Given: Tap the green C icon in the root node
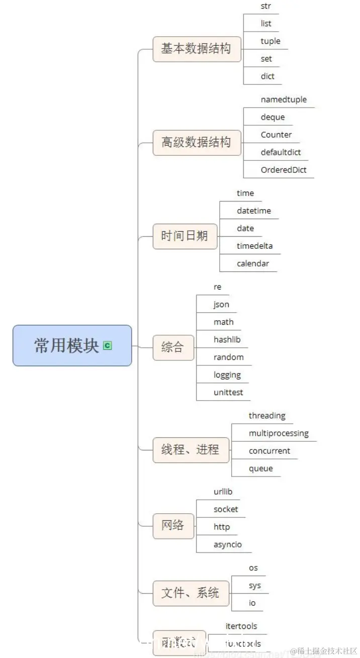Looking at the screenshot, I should tap(107, 345).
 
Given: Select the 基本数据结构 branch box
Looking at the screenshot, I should tap(197, 49).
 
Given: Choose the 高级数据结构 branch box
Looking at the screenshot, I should tap(197, 142).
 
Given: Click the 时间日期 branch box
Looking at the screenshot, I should tap(185, 236).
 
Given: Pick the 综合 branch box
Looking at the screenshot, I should tap(173, 347).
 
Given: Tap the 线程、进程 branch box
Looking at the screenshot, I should tap(191, 449).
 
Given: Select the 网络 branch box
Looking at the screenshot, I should tap(173, 526).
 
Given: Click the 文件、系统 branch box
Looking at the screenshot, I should tap(191, 593).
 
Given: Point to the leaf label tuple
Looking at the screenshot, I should tap(271, 41).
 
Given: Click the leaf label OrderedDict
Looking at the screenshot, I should tap(284, 170).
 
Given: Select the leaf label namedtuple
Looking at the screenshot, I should tap(284, 100).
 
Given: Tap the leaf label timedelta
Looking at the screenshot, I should tap(255, 246).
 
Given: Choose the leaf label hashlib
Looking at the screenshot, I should tap(227, 340).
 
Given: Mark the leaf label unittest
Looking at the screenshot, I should tap(228, 393).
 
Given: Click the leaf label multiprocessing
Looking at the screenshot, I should tap(279, 433).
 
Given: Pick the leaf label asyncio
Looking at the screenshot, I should tap(228, 544).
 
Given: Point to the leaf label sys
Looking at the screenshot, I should tap(255, 586).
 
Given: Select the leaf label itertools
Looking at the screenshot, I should tap(241, 626).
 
